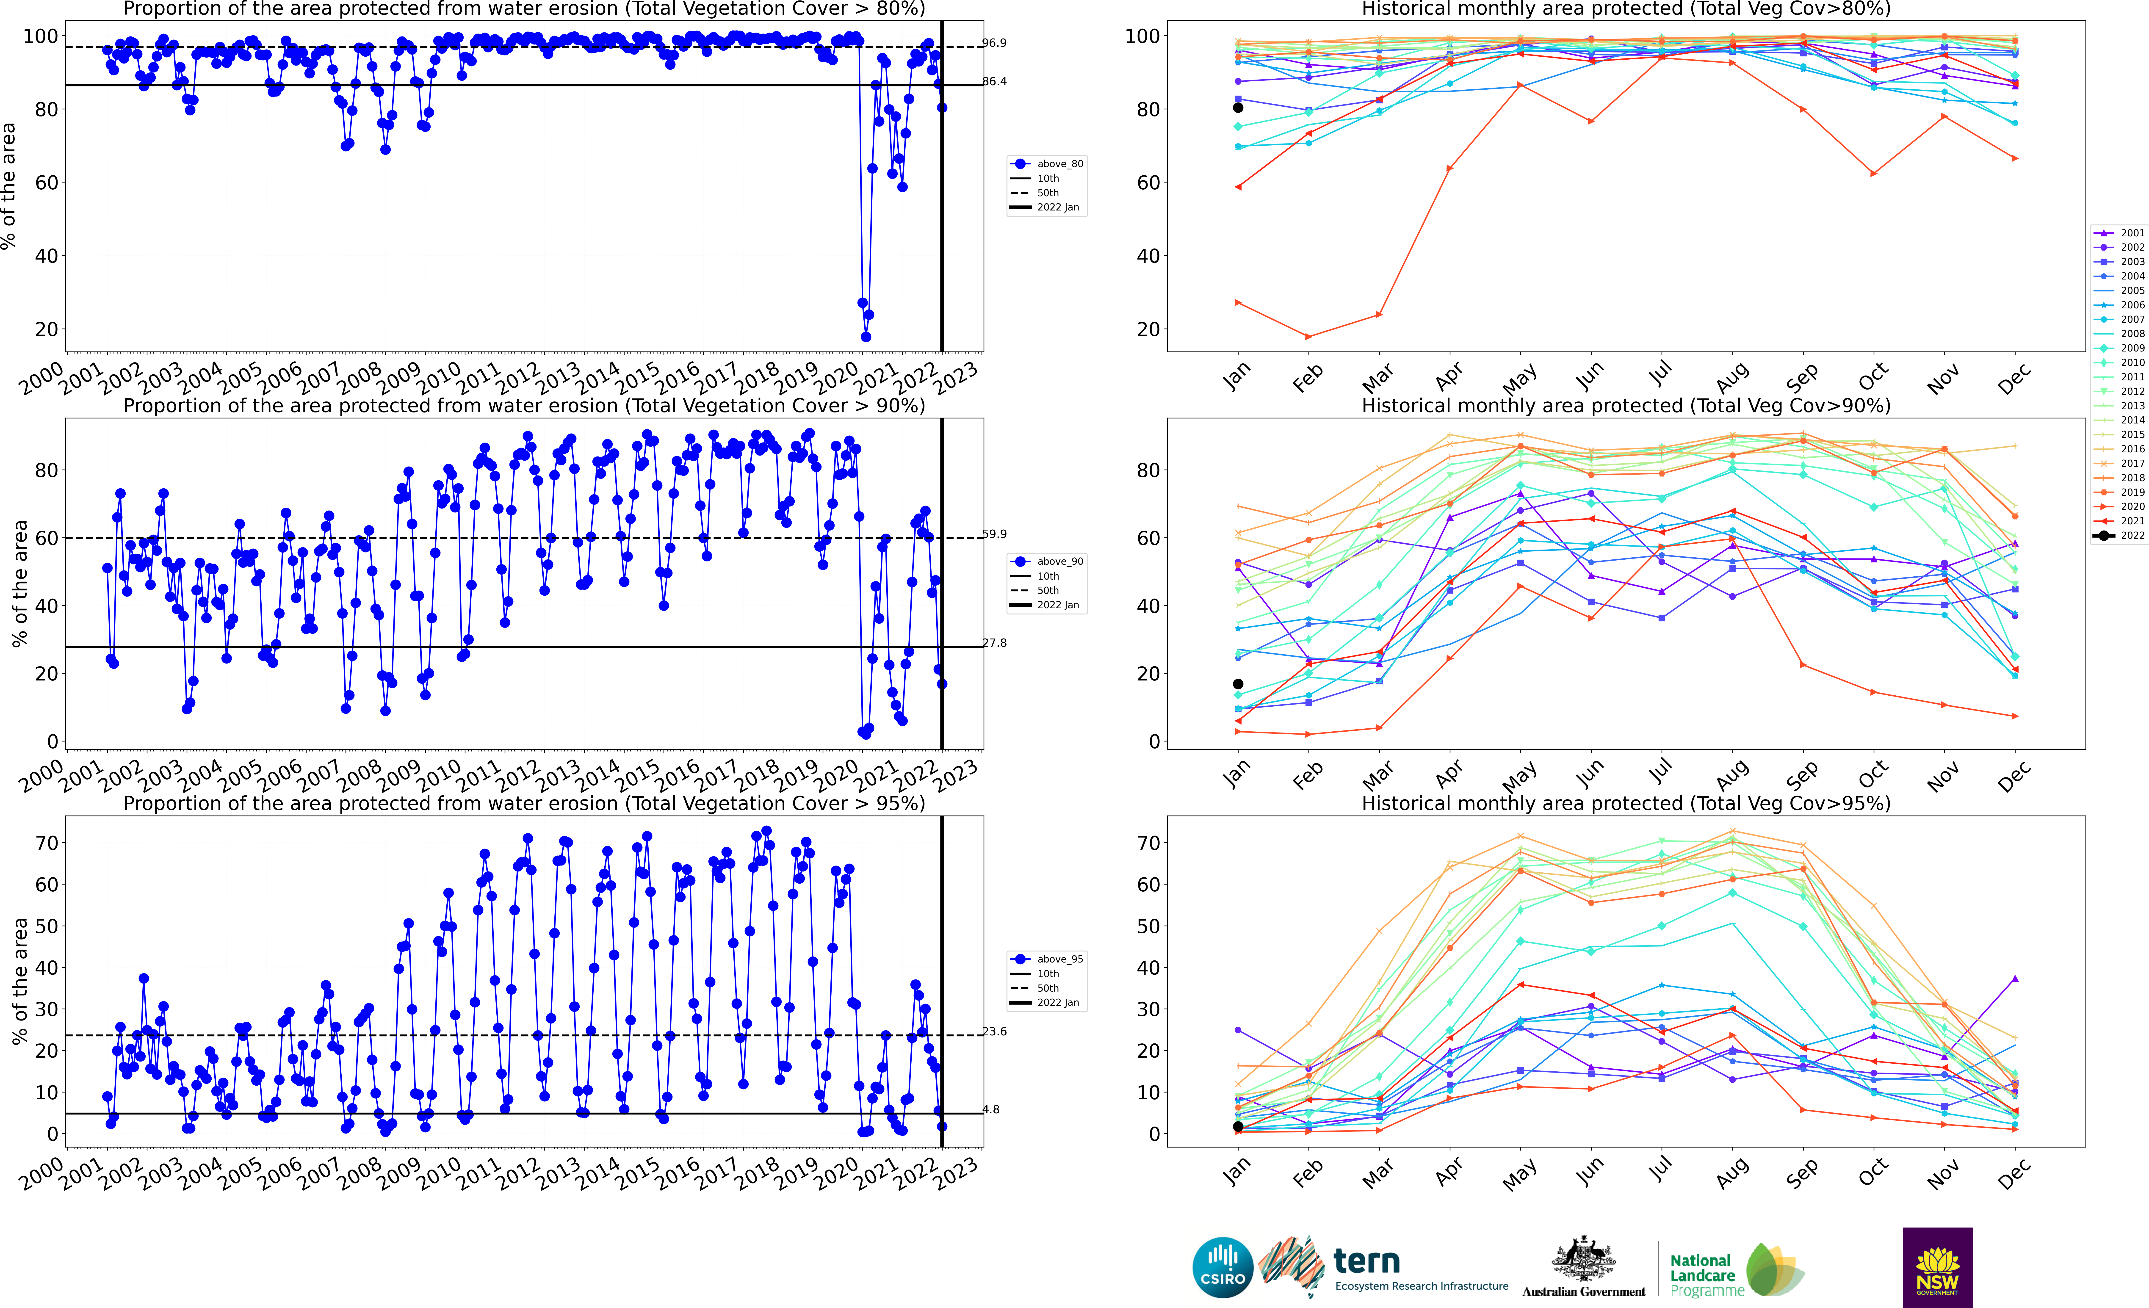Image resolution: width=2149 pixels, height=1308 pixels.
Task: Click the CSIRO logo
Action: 1223,1267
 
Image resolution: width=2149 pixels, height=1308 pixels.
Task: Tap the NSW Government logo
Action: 1937,1267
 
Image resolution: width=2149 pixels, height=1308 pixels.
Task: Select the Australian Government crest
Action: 1583,1260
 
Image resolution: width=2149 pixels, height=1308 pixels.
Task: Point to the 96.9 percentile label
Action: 994,43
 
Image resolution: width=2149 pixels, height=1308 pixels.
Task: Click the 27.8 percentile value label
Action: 994,643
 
